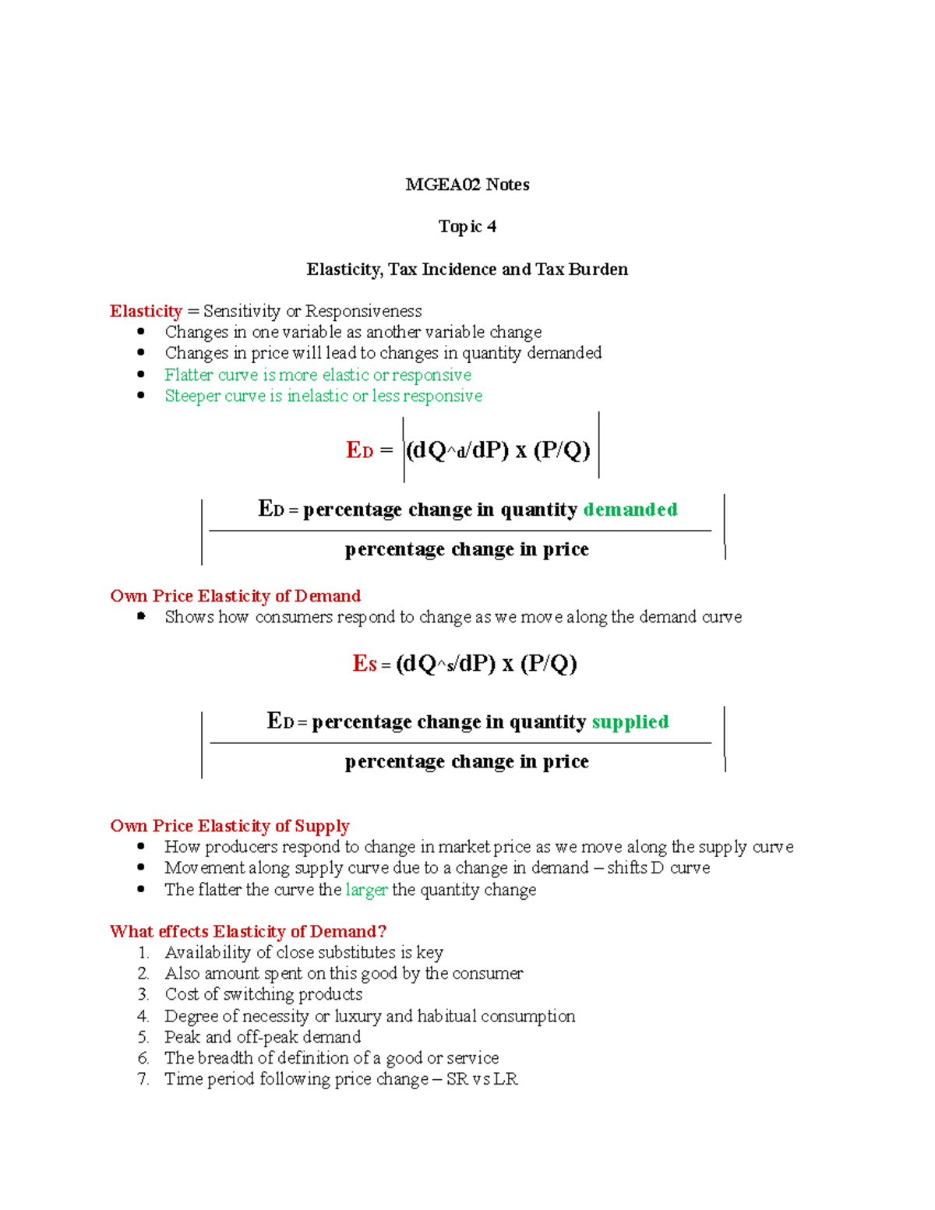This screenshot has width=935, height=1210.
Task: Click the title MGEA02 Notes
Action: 467,185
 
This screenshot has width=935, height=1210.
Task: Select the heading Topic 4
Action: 467,227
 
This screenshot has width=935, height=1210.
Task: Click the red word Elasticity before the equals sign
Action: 146,311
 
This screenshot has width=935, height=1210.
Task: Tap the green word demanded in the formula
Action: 630,510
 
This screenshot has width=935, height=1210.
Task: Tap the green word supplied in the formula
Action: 630,721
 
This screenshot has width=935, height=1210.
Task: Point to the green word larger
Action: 366,890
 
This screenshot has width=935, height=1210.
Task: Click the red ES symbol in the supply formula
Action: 364,664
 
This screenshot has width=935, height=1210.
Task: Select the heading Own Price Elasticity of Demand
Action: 235,596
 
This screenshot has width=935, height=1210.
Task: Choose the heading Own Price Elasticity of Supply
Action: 230,826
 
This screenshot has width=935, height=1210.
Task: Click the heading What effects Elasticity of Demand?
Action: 248,932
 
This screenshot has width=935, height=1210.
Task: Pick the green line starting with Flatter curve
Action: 317,375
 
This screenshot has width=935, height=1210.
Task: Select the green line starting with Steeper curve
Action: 323,396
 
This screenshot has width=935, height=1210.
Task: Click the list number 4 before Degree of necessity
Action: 143,1016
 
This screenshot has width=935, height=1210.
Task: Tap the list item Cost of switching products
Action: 263,995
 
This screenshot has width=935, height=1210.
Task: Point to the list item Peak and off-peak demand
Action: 263,1037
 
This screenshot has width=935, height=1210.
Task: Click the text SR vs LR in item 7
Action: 482,1079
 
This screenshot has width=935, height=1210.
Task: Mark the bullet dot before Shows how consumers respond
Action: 141,616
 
